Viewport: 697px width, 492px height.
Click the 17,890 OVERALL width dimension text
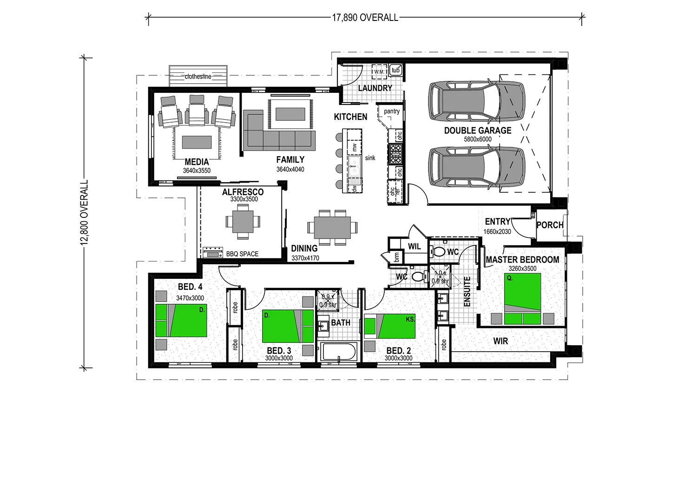[365, 18]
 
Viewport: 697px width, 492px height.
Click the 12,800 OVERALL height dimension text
[84, 212]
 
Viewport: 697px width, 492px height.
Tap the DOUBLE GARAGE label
[478, 131]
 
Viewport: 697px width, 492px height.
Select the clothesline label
[198, 77]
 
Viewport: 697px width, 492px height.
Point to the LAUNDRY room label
[375, 88]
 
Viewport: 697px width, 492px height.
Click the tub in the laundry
[395, 70]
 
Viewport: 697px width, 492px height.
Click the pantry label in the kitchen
[392, 112]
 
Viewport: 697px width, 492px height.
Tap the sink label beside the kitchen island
[370, 158]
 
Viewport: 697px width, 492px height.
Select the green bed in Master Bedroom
[523, 297]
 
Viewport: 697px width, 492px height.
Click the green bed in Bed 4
[181, 321]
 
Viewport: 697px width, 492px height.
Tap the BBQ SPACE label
[242, 254]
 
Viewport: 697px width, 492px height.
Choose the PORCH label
[550, 225]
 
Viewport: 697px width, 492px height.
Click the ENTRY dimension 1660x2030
[497, 231]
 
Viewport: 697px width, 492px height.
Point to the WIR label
[500, 341]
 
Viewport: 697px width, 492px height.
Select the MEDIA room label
[197, 162]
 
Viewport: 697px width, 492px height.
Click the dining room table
[332, 228]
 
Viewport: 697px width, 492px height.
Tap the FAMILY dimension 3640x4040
[290, 169]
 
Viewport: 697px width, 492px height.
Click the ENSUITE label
[467, 291]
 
